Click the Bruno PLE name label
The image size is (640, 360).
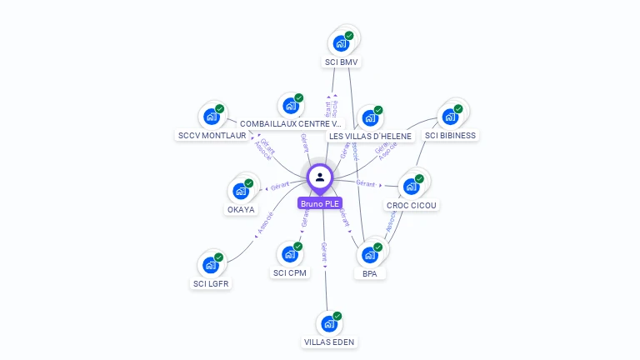click(320, 202)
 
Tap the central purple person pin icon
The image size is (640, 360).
click(320, 177)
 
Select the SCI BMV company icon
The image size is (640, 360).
click(340, 42)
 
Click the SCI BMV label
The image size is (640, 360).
click(342, 62)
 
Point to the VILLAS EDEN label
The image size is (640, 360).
click(330, 342)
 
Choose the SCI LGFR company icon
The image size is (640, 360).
click(210, 265)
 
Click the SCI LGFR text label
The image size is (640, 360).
click(211, 283)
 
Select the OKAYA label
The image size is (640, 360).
click(241, 209)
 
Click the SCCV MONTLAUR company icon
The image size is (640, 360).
click(211, 116)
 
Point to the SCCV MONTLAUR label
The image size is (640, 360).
click(212, 135)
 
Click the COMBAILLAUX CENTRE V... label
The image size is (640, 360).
click(291, 123)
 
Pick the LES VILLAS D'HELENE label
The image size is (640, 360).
click(370, 136)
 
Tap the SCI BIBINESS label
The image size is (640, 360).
click(450, 135)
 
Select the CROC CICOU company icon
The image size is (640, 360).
click(411, 186)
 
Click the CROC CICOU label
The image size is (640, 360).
click(412, 205)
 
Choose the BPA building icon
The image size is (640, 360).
click(369, 254)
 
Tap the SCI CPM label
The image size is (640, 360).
click(290, 272)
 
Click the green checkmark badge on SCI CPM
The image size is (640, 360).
click(297, 247)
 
